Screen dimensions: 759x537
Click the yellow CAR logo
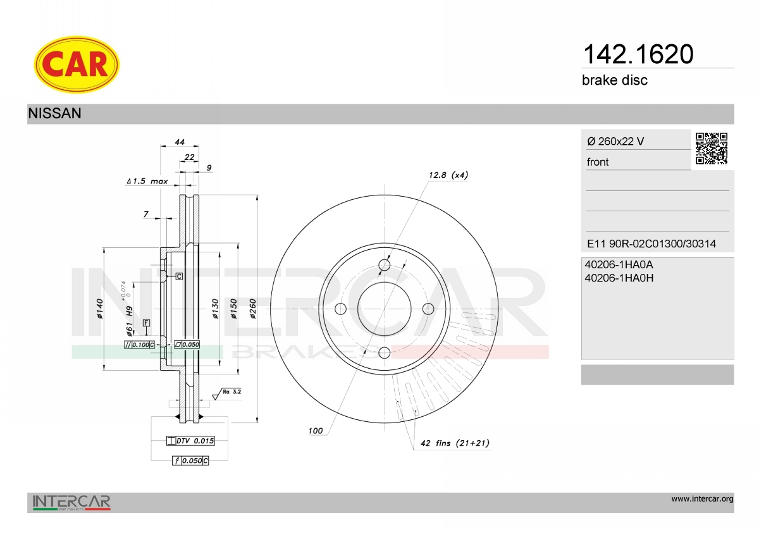[77, 65]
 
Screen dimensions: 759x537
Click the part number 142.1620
[638, 54]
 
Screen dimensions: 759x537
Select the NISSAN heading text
[54, 113]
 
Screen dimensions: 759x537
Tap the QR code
[712, 149]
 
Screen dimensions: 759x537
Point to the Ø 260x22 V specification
[615, 141]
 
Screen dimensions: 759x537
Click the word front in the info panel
[598, 162]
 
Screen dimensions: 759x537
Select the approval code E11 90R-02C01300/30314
[651, 244]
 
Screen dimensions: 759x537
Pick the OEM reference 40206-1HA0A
[619, 264]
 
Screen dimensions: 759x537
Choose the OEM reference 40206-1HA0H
[619, 278]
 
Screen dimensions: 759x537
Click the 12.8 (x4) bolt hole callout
[448, 175]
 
